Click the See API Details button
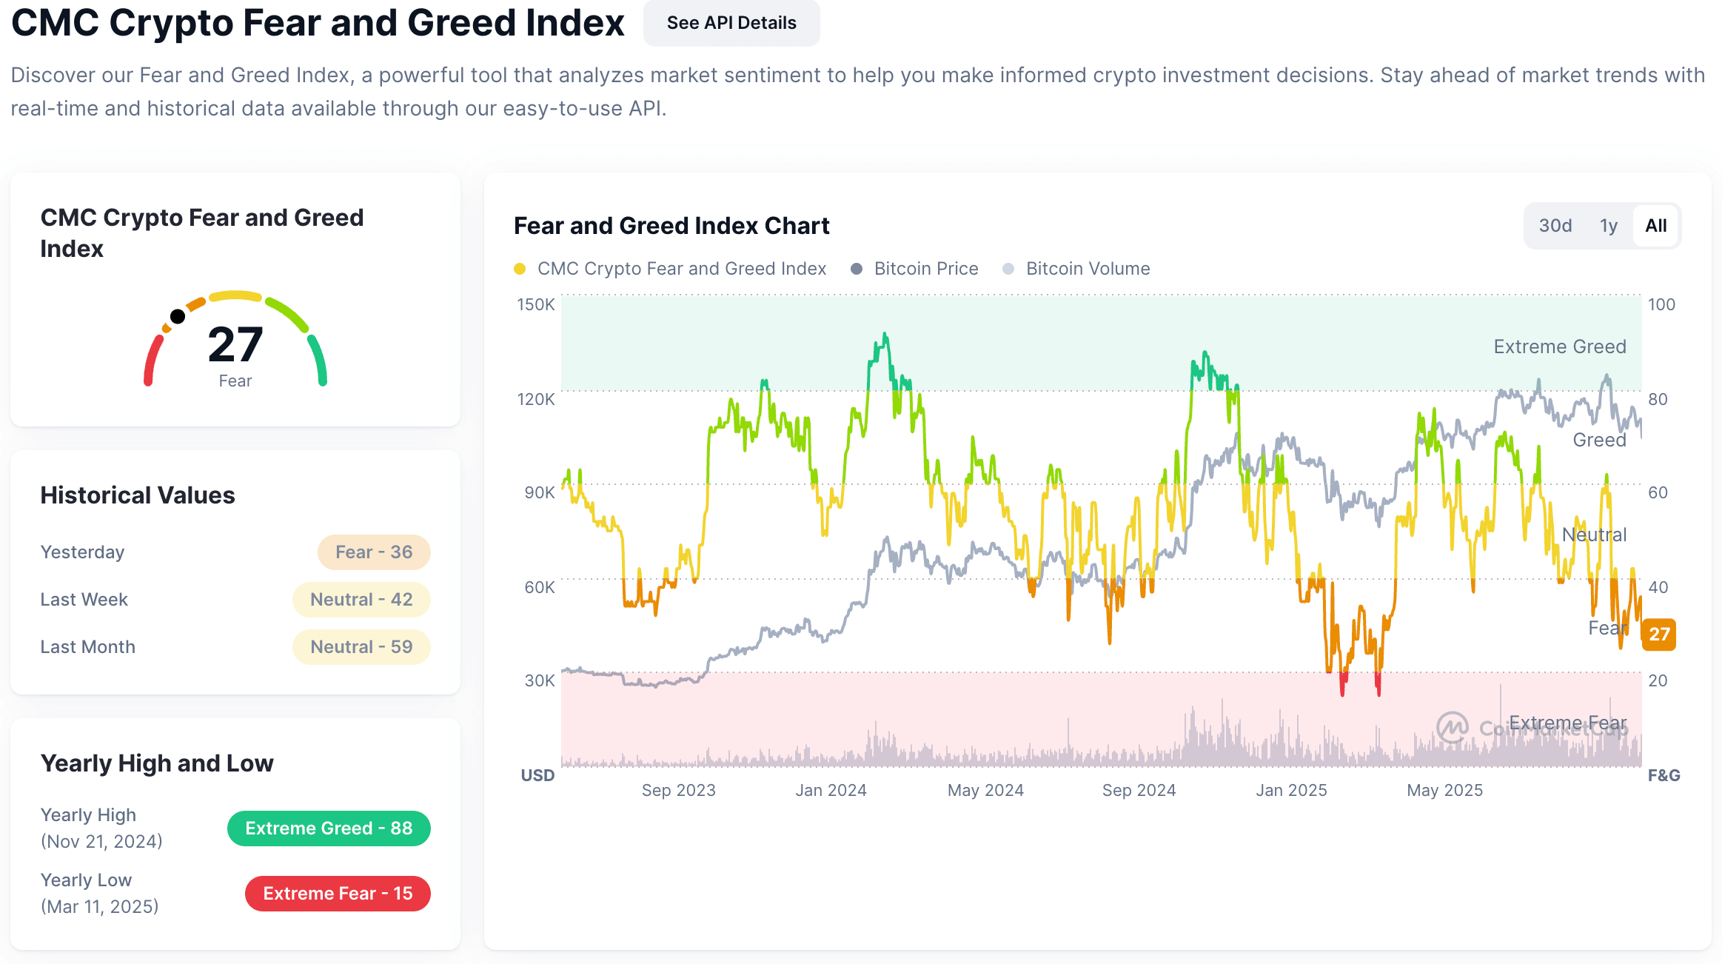coord(731,23)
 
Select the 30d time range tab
coord(1555,226)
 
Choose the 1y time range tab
coord(1608,226)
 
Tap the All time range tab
coord(1655,226)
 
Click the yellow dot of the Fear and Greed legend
coord(520,269)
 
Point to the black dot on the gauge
coord(178,317)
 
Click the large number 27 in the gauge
coord(235,345)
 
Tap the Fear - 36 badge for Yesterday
coord(374,552)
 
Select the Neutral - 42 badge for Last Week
coord(361,600)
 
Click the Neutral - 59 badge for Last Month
coord(361,647)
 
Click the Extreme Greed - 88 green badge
coord(329,829)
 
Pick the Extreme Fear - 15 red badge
coord(338,894)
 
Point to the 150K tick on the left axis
coord(535,304)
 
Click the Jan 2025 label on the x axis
coord(1291,790)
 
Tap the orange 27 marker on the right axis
coord(1658,635)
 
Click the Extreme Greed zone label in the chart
coord(1559,347)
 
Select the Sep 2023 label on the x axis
coord(678,790)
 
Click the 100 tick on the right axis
coord(1661,304)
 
